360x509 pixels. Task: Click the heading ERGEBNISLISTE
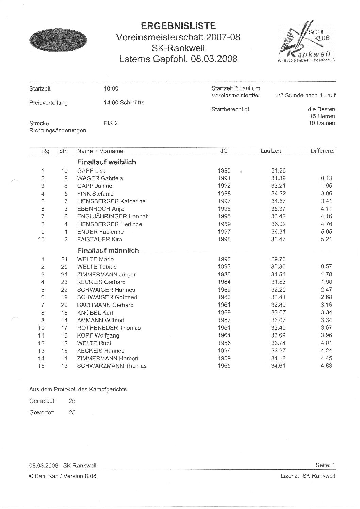pos(178,26)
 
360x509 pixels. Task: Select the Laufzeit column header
pos(271,151)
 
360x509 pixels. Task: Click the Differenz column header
pos(322,151)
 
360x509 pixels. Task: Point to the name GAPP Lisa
pos(91,171)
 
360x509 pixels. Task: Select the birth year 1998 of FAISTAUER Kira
pos(224,239)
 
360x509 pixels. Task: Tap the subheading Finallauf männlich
pos(108,250)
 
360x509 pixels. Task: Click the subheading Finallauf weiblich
pos(107,162)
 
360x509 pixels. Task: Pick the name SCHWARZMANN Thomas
pos(112,366)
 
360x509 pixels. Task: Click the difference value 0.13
pos(326,178)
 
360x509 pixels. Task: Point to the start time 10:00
pos(111,89)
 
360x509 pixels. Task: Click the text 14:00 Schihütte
pos(124,103)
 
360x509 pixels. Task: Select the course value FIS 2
pos(111,123)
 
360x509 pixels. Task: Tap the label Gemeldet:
pos(43,401)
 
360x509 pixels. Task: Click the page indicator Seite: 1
pos(325,465)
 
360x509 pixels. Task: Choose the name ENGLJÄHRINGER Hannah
pos(113,216)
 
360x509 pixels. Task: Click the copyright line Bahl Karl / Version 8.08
pos(63,476)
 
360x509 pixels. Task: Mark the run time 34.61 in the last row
pos(278,366)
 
